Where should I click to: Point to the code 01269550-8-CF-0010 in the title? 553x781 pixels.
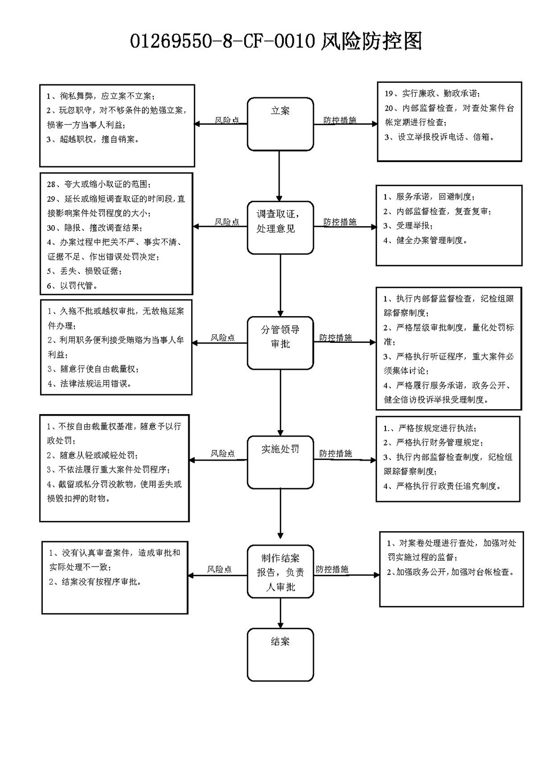tap(223, 41)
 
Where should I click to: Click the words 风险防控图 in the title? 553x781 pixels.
tap(371, 41)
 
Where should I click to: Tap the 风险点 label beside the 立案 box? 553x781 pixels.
tap(227, 120)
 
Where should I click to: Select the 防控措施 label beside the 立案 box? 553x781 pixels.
tap(340, 120)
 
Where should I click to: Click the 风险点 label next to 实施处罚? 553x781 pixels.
tap(223, 453)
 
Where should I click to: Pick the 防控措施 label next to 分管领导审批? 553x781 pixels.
tap(336, 338)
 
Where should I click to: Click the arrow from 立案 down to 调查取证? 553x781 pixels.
tap(279, 176)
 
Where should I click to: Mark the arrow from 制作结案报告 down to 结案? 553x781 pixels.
tap(280, 613)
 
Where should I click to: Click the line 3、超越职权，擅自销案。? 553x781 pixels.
tap(93, 140)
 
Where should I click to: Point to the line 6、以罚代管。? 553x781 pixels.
tap(73, 286)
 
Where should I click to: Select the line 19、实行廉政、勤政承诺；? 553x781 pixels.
tap(433, 94)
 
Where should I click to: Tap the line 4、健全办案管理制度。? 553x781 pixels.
tap(426, 240)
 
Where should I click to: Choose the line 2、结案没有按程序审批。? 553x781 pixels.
tap(95, 581)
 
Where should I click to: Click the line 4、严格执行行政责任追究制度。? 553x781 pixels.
tap(442, 486)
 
